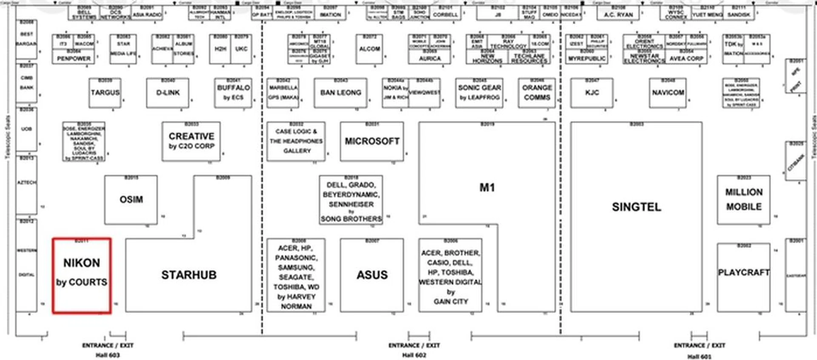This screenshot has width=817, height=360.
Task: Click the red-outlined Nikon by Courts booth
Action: pos(82,275)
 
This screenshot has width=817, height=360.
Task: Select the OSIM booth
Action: pos(131,200)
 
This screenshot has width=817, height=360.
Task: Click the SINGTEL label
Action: pos(637,207)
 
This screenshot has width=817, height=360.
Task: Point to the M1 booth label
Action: pos(487,188)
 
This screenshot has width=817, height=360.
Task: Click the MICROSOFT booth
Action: pos(372,141)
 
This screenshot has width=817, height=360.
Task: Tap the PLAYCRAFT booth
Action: pos(743,273)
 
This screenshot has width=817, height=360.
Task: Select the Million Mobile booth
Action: pos(743,200)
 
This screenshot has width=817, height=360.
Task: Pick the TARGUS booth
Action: pos(105,93)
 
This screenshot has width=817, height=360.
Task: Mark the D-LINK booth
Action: pos(168,93)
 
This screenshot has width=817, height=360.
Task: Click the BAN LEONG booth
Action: pos(340,93)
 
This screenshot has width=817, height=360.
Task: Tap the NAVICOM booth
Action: pos(668,93)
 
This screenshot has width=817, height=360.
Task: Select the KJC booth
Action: pos(592,93)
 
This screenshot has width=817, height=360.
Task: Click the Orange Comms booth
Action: pos(537,93)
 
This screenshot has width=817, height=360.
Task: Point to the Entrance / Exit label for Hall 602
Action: pos(414,346)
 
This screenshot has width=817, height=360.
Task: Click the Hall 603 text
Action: pos(108,355)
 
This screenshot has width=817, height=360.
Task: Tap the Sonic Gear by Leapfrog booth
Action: pos(480,93)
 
